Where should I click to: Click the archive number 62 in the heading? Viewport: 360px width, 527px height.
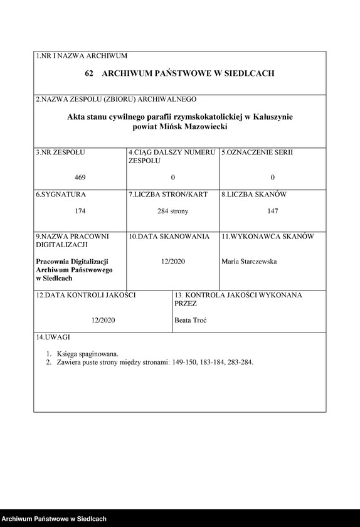coord(89,73)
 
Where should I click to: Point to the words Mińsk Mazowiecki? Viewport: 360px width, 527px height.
coord(194,126)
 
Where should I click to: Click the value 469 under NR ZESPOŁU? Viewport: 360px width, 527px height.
coord(80,178)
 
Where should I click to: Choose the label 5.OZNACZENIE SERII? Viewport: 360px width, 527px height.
coord(257,152)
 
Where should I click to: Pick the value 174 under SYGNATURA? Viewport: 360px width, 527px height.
coord(80,211)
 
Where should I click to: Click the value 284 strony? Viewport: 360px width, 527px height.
coord(172,211)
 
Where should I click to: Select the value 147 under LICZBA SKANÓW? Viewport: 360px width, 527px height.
coord(272,211)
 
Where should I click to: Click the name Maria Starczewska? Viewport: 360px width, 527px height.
coord(249,262)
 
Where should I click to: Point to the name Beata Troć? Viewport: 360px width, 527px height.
coord(191,320)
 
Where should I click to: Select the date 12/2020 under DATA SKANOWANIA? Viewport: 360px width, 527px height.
coord(172,262)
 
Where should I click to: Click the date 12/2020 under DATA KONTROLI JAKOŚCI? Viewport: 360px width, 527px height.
coord(103,320)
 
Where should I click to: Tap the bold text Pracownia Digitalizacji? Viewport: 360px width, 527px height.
coord(73,261)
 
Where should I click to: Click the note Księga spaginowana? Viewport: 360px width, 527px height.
coord(87,353)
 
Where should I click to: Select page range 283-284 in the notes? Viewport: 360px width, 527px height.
coord(240,362)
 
